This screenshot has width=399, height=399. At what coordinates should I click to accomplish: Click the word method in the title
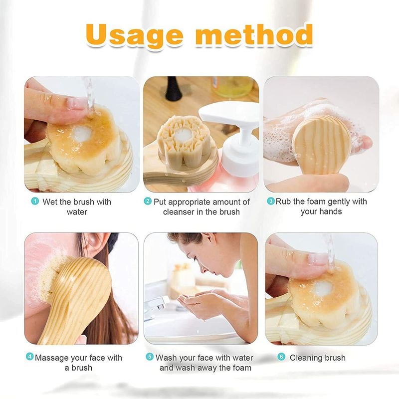tap(254, 35)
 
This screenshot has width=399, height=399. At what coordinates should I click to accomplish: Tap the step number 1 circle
tap(35, 201)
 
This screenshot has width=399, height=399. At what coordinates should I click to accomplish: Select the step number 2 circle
tap(148, 201)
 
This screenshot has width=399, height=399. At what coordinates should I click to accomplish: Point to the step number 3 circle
tap(271, 201)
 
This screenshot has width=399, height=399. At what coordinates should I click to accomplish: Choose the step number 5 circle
tap(150, 357)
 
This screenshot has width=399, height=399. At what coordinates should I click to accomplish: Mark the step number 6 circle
tap(281, 357)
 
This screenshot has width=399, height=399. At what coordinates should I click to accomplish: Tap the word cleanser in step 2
tap(180, 211)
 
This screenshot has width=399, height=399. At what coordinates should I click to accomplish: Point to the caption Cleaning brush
tap(318, 358)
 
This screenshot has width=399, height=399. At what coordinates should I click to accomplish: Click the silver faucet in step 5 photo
tap(155, 305)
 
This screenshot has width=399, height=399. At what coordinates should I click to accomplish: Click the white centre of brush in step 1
tap(81, 133)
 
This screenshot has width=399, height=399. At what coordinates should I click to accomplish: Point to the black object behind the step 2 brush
tap(173, 89)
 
